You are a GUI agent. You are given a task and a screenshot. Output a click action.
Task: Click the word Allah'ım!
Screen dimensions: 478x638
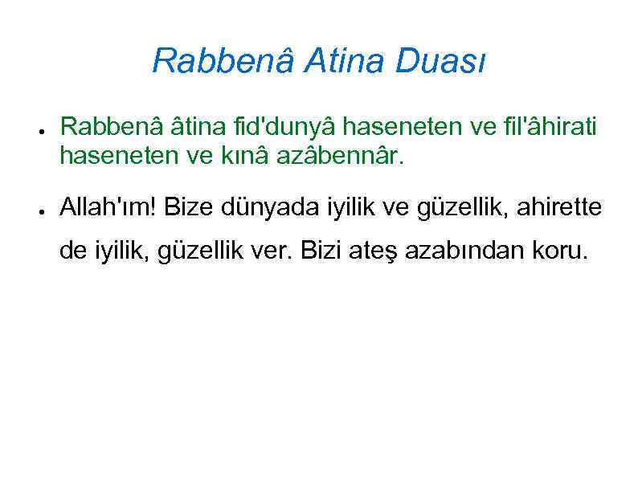coord(110,208)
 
